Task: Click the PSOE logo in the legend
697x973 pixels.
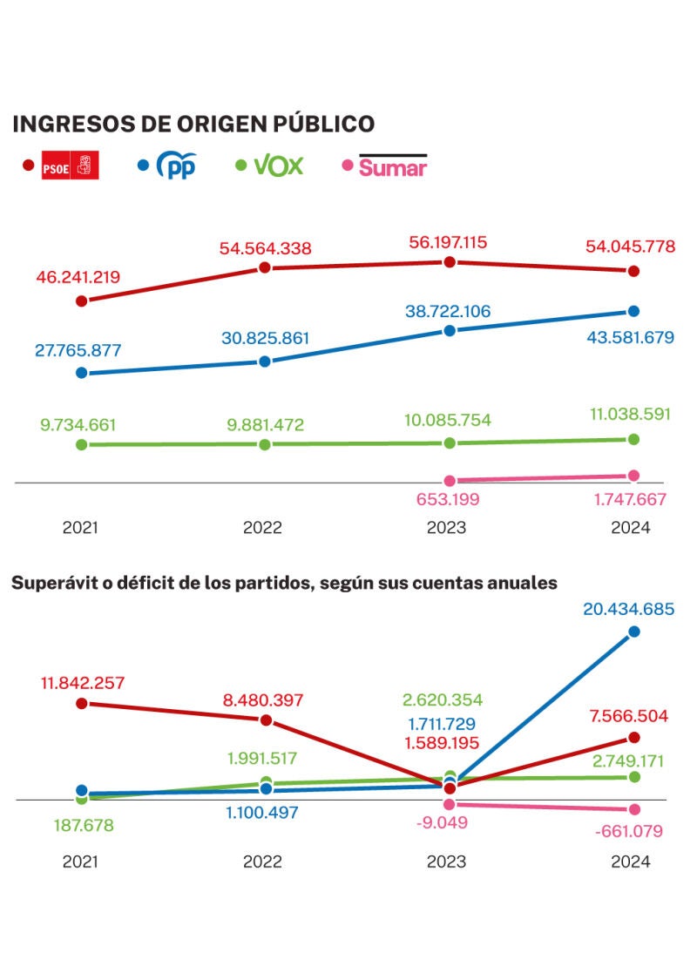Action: click(70, 165)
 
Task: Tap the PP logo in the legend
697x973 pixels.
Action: click(176, 165)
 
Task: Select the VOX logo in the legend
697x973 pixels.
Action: click(278, 165)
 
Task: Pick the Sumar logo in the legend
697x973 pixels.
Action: click(392, 166)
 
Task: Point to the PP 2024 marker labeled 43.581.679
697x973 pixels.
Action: click(633, 311)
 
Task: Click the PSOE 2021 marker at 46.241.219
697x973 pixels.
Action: click(82, 301)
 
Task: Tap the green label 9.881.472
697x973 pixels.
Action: click(266, 425)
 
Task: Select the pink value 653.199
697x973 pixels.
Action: click(450, 500)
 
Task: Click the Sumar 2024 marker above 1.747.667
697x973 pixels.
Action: click(633, 476)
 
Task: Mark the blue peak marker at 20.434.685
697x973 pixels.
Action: click(633, 632)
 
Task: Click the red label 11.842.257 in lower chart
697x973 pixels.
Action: click(81, 682)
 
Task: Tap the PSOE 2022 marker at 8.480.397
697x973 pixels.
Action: click(266, 720)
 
